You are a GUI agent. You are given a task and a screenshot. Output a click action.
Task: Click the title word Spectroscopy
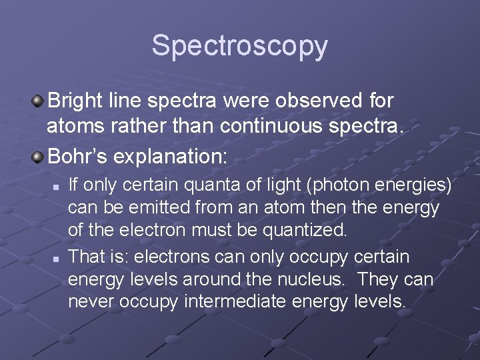click(x=239, y=46)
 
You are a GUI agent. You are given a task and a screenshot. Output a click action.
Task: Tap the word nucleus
click(x=297, y=279)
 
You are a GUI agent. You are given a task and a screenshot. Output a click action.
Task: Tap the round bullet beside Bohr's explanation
click(x=38, y=158)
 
